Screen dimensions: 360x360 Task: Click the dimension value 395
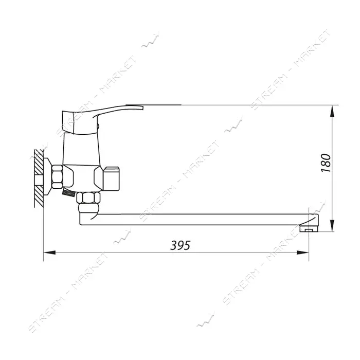tap(180, 245)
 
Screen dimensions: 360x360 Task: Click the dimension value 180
tap(326, 163)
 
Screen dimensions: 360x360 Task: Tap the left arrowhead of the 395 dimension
tap(49, 253)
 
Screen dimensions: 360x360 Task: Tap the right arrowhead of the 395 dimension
tap(302, 253)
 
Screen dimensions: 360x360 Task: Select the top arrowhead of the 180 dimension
tap(332, 111)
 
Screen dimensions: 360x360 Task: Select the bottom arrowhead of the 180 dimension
tap(332, 225)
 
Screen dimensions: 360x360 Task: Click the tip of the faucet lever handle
tap(142, 107)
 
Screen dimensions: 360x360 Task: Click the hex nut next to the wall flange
tap(57, 176)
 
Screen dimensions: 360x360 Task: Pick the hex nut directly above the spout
tap(88, 197)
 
